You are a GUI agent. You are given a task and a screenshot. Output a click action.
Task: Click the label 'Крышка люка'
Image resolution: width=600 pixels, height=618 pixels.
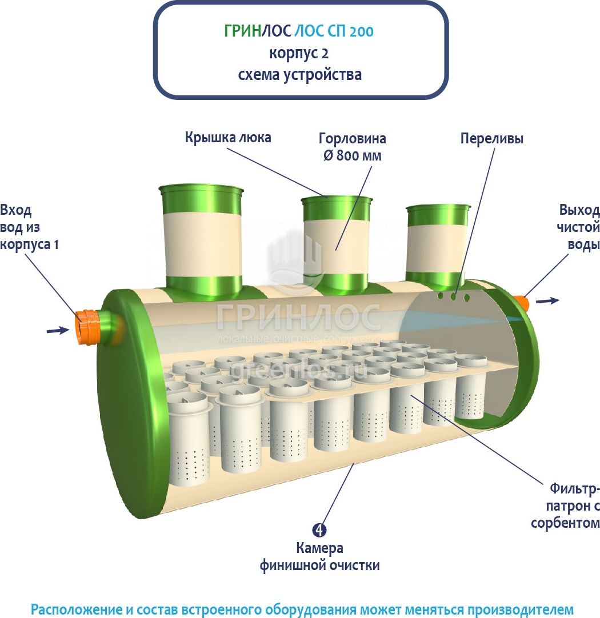click(227, 138)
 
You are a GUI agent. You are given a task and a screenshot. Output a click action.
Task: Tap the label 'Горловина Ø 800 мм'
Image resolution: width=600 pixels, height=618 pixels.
click(352, 147)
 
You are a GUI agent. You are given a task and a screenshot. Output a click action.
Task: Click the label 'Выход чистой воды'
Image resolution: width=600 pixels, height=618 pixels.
click(579, 226)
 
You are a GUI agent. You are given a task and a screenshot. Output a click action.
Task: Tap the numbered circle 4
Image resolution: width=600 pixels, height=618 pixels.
click(320, 530)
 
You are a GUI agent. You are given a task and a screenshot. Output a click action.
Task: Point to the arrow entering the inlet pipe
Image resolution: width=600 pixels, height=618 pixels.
click(58, 330)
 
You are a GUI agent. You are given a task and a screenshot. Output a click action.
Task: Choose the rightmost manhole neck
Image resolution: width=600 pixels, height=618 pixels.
click(438, 242)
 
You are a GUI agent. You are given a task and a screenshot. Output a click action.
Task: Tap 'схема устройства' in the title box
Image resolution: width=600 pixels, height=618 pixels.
click(300, 75)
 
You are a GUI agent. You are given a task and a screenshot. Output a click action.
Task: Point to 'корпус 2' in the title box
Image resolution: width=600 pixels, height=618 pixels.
click(299, 53)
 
